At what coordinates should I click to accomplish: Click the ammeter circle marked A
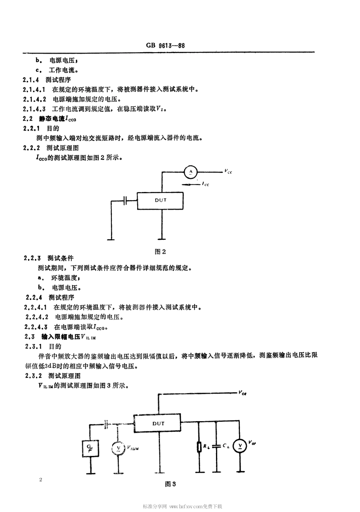tap(191, 172)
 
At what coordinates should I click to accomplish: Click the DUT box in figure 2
tap(160, 200)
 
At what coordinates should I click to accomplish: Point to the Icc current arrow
tap(190, 184)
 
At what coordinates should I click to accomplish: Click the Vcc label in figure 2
tap(228, 172)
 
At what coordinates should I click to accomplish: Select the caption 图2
tap(161, 251)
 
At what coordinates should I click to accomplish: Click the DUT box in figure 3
tap(158, 424)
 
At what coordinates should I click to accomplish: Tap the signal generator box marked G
tap(91, 448)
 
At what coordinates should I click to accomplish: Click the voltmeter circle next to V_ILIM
tap(119, 448)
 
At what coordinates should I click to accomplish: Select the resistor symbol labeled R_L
tap(199, 447)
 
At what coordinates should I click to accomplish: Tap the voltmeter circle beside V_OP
tap(239, 446)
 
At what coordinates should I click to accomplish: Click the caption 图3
tap(170, 484)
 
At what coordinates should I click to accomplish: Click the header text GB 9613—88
tap(165, 45)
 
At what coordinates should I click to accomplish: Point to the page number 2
tap(41, 480)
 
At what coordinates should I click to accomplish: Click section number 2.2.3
tap(32, 258)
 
